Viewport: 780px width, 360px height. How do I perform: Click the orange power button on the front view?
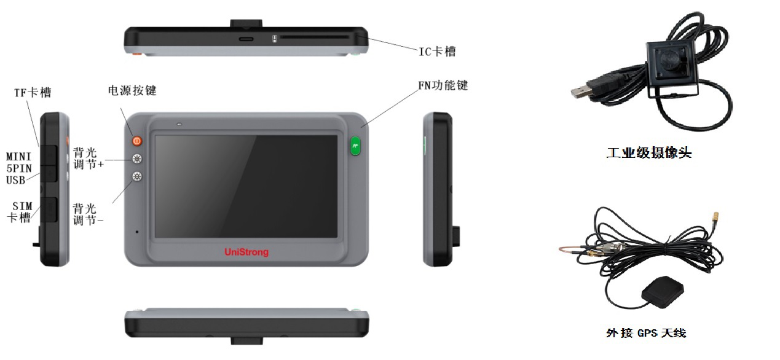(137, 141)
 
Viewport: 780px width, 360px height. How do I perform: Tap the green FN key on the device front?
(355, 146)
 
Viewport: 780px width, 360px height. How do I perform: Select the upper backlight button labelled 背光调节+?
(137, 159)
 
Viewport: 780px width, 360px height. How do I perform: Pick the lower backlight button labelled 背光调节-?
(137, 176)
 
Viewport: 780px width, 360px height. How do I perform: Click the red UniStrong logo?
(246, 252)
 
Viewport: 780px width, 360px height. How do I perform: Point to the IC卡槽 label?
(438, 52)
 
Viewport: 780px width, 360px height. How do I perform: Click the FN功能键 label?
(443, 85)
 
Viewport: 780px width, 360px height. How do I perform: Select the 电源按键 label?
(132, 90)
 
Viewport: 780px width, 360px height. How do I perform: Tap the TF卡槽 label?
(33, 93)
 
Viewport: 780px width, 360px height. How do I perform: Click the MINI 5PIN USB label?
(19, 168)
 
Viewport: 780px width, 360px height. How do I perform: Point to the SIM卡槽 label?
(20, 212)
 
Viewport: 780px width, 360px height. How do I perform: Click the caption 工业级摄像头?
(649, 153)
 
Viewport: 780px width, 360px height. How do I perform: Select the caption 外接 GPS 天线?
(646, 333)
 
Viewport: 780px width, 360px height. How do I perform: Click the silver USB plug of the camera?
(581, 92)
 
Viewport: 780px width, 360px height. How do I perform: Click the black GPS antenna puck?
(663, 292)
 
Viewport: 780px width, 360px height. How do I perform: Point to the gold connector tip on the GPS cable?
(716, 217)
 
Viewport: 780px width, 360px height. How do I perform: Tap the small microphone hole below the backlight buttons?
(137, 232)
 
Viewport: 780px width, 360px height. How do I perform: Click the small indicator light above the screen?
(179, 124)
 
